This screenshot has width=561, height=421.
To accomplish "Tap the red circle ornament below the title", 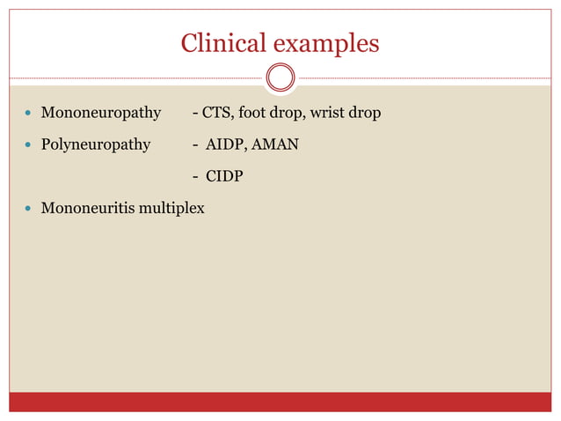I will pyautogui.click(x=280, y=78).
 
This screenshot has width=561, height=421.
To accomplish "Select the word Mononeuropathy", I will pyautogui.click(x=101, y=113).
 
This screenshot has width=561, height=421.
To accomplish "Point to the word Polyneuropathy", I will pyautogui.click(x=96, y=144).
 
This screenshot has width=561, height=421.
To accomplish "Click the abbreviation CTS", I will pyautogui.click(x=215, y=113).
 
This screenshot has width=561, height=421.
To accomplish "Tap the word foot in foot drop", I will pyautogui.click(x=250, y=113).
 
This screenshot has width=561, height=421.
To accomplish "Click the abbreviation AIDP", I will pyautogui.click(x=226, y=144).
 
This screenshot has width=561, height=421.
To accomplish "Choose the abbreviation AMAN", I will pyautogui.click(x=275, y=144).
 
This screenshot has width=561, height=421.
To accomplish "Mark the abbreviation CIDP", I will pyautogui.click(x=224, y=177).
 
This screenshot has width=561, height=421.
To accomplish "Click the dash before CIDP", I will pyautogui.click(x=195, y=177).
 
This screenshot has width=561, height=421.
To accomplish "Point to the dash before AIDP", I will pyautogui.click(x=195, y=144).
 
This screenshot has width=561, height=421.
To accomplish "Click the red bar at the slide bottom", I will pyautogui.click(x=280, y=402).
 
